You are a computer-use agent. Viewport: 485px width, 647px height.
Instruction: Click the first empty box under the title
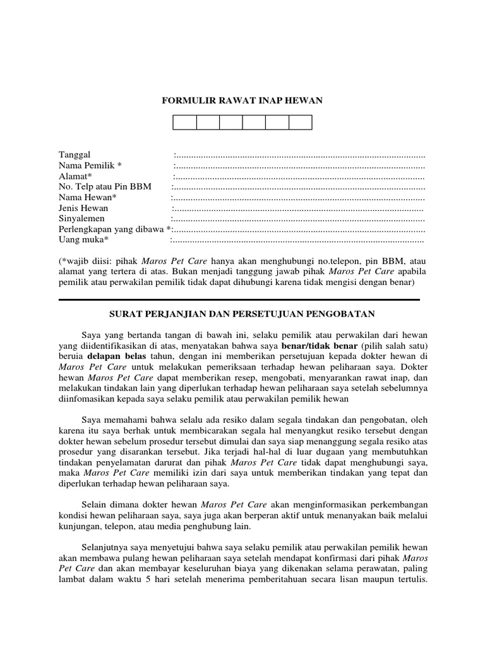coord(184,122)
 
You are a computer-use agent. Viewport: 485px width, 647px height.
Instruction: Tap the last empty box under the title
coord(300,122)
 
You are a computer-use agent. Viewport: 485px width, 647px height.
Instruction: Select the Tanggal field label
coord(75,155)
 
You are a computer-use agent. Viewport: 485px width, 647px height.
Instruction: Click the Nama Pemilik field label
coord(89,166)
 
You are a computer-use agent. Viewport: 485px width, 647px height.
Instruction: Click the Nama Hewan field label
coord(85,198)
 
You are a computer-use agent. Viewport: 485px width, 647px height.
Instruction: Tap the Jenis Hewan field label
coord(83,208)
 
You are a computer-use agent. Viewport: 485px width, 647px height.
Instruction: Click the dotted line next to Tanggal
coord(299,155)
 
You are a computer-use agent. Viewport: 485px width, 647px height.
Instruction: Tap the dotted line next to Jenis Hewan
coord(298,209)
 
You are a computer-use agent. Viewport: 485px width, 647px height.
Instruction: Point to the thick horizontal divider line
coord(239,299)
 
